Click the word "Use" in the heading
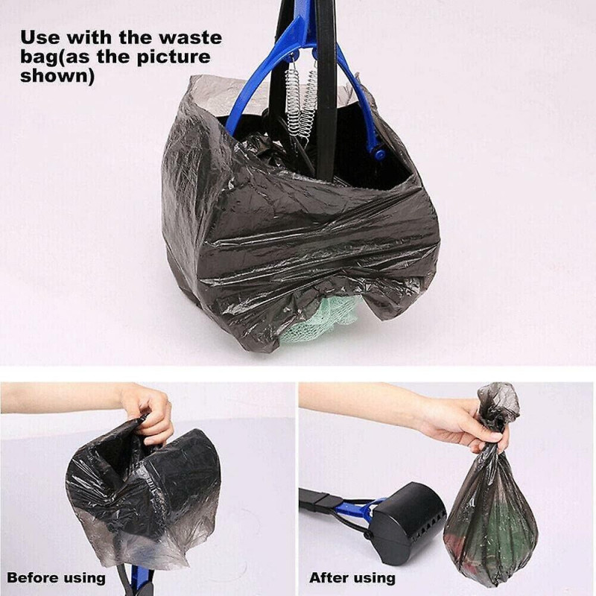[37, 37]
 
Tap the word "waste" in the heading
[190, 37]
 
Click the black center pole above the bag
[326, 45]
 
